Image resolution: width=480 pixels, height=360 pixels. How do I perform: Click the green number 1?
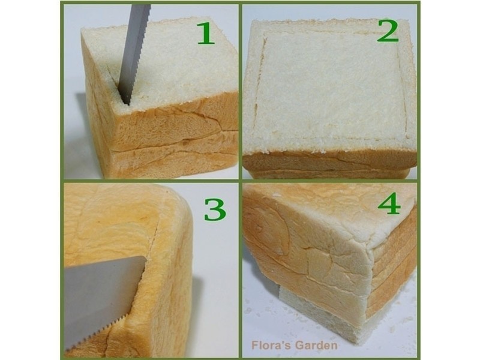point(205,34)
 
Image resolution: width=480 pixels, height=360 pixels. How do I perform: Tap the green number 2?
point(388,31)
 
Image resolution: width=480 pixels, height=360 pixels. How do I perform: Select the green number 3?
point(215,209)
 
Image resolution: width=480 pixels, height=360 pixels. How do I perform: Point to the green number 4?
point(389,203)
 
